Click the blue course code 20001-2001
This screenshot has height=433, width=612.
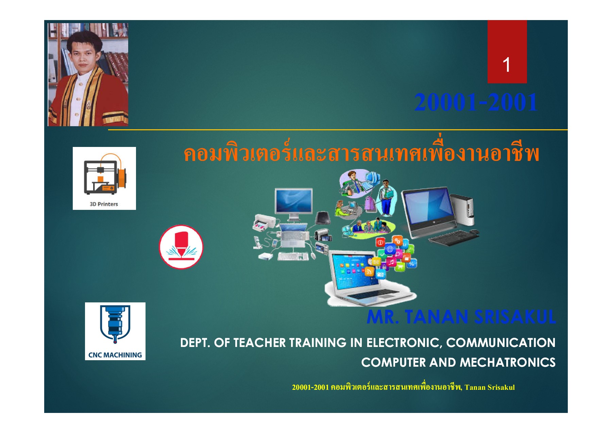(x=476, y=102)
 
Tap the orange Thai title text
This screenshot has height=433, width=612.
(x=361, y=154)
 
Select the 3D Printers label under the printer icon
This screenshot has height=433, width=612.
(x=104, y=204)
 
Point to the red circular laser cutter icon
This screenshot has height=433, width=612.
(x=181, y=247)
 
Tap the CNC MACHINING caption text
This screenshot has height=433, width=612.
(x=115, y=355)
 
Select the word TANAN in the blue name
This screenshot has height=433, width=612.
(x=437, y=317)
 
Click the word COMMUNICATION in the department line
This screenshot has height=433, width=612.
(x=500, y=343)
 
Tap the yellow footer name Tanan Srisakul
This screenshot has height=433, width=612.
(x=490, y=387)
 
